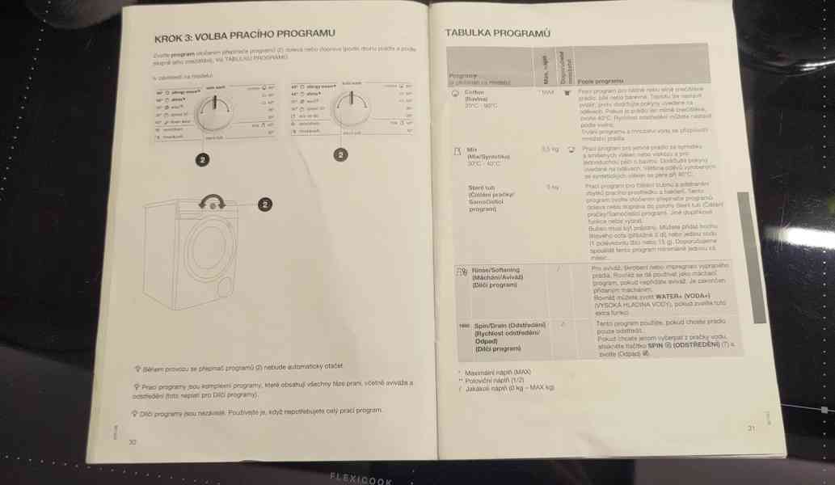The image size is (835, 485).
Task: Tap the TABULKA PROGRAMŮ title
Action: click(x=497, y=33)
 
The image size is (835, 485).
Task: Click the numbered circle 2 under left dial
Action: click(x=200, y=160)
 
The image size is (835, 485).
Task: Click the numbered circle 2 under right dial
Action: click(x=340, y=154)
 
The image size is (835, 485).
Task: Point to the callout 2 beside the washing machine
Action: click(x=264, y=205)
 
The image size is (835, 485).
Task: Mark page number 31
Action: click(x=751, y=428)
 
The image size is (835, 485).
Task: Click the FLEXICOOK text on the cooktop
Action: click(x=360, y=477)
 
